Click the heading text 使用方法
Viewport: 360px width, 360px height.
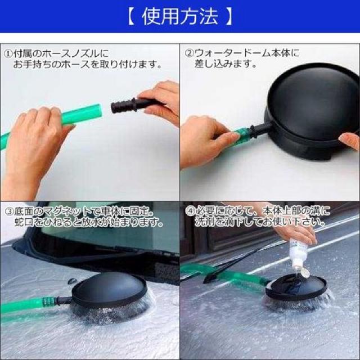pyautogui.click(x=180, y=17)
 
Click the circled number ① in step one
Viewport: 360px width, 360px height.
pyautogui.click(x=8, y=54)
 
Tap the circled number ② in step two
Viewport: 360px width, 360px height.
pyautogui.click(x=190, y=54)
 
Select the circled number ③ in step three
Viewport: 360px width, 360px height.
pyautogui.click(x=8, y=211)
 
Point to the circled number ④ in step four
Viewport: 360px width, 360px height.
pyautogui.click(x=190, y=211)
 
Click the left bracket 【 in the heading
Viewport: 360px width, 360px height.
pyautogui.click(x=131, y=17)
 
